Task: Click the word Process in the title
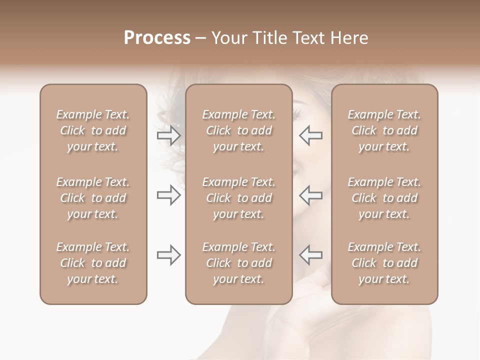point(157,38)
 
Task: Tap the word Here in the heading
point(348,38)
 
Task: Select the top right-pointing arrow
point(168,135)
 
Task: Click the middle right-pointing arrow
point(168,195)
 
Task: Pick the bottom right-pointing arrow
point(168,255)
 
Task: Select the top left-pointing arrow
point(310,135)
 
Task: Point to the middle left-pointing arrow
point(310,195)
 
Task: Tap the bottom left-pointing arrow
point(310,255)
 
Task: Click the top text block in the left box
point(93,130)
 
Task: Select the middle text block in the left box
point(93,198)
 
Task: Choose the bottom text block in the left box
point(93,263)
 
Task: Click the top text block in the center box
point(238,130)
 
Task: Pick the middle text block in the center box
point(238,198)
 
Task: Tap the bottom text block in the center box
point(238,263)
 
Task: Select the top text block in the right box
point(384,130)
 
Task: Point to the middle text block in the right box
point(384,198)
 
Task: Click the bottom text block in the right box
point(384,263)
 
